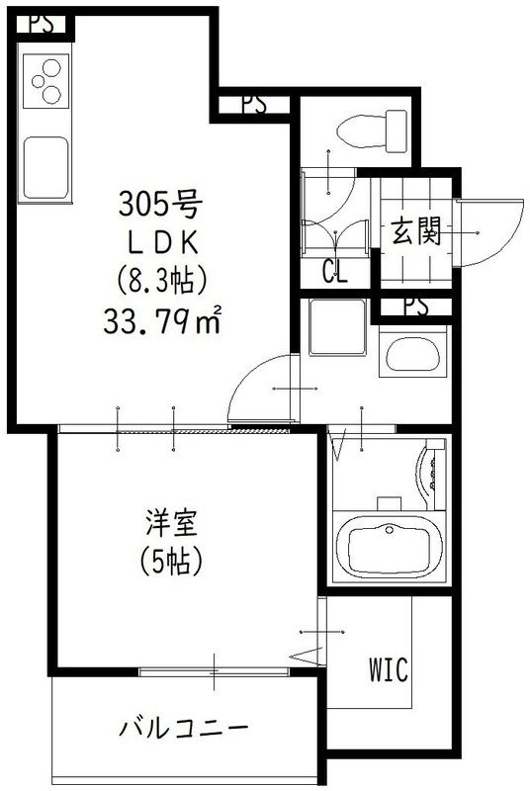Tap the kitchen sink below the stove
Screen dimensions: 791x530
click(45, 165)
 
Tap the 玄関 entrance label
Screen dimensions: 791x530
click(415, 233)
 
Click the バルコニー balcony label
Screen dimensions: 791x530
click(184, 730)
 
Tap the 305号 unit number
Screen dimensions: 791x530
click(161, 205)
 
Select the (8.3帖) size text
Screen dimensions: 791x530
click(161, 282)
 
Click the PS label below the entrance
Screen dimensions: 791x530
click(416, 308)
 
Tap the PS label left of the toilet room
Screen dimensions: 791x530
click(252, 104)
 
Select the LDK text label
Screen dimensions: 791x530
click(160, 243)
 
